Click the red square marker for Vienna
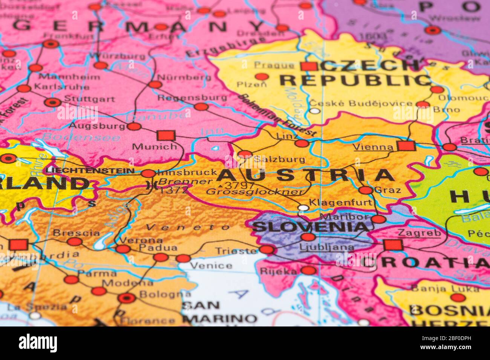pos(406,146)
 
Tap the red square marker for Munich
pos(166,135)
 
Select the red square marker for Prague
pos(309,67)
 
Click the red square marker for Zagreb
pos(393,245)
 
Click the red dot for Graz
pos(365,190)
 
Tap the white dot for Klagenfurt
pos(303,207)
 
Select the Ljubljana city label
pos(327,247)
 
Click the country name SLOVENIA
pos(310,227)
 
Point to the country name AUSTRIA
pos(306,175)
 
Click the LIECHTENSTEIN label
pos(90,171)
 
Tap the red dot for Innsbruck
pos(149,174)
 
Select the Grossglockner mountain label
pos(255,192)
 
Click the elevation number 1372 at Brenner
pos(174,190)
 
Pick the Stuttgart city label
pos(89,99)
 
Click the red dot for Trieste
pos(266,249)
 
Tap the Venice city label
pos(211,265)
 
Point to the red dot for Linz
pos(302,143)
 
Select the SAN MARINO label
pos(220,312)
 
